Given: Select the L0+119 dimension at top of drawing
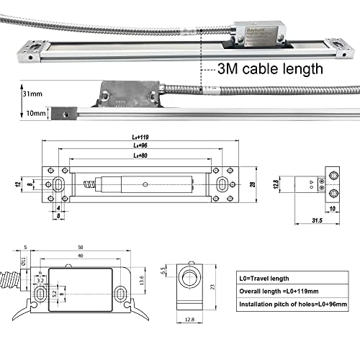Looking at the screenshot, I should (140, 137).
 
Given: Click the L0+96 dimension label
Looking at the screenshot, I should (140, 146).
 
